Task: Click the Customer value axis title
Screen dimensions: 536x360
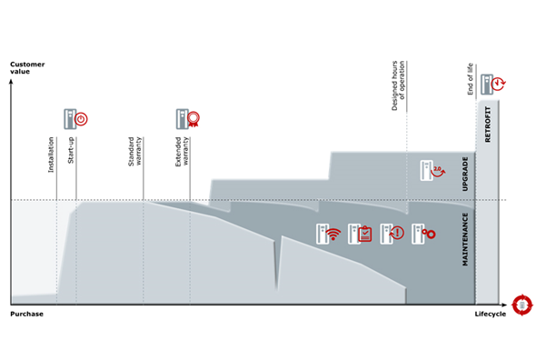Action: click(27, 68)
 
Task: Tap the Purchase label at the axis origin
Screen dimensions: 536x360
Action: click(26, 314)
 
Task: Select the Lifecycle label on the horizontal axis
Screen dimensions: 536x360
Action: click(491, 315)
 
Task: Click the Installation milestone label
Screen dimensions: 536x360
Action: click(51, 155)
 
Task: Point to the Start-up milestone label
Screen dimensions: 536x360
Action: click(71, 150)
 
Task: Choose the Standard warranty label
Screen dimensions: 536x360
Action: click(134, 152)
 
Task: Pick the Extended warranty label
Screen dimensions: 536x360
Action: click(182, 152)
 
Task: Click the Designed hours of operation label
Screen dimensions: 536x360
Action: click(398, 85)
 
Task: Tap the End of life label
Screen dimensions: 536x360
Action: click(471, 79)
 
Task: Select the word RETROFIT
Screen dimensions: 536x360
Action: click(488, 125)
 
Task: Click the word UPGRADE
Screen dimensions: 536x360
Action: click(465, 174)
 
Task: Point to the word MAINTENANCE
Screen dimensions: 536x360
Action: click(465, 239)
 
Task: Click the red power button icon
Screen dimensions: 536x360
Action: click(81, 119)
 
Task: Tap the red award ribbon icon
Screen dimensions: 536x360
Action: click(194, 119)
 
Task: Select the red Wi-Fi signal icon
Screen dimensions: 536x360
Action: click(333, 234)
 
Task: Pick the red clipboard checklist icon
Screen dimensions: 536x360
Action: click(365, 234)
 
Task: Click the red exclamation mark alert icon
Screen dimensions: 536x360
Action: click(397, 233)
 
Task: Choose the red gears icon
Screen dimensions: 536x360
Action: click(429, 234)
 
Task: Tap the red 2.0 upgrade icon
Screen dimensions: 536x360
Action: click(438, 171)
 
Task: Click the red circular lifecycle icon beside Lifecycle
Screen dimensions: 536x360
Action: click(522, 305)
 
